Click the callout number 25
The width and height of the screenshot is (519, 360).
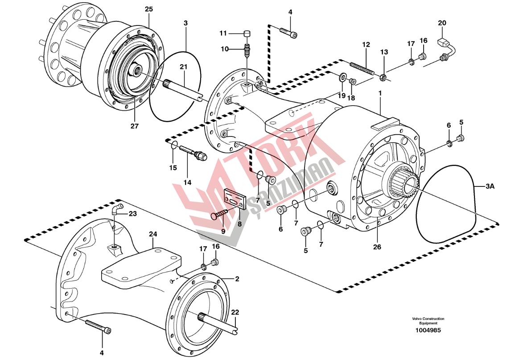pos(148,9)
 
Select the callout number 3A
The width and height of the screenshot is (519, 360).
pos(490,187)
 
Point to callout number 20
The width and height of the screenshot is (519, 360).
pos(441,23)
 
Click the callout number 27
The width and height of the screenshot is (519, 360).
pos(135,126)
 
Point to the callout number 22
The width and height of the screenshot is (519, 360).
pos(235,313)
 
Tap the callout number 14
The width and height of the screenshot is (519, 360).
pos(187,182)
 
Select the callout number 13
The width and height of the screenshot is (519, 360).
pos(384,52)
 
